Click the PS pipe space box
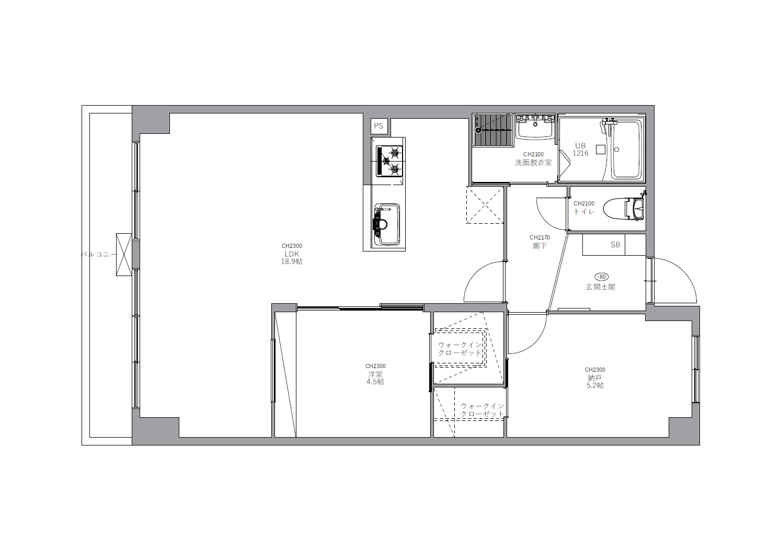click(x=379, y=126)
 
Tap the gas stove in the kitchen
click(x=389, y=161)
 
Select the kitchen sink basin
click(x=387, y=225)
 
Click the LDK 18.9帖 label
click(x=292, y=257)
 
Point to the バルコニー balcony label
click(x=99, y=254)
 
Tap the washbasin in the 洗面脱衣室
click(x=534, y=128)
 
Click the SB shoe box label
click(x=615, y=245)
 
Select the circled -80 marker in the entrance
click(x=602, y=277)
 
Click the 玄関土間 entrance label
click(x=600, y=287)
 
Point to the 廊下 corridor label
click(x=540, y=246)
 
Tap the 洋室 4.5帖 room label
click(x=375, y=378)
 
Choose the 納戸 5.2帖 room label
click(x=595, y=382)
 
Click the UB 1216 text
click(x=580, y=150)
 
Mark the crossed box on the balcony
click(x=124, y=255)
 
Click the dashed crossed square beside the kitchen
click(x=485, y=205)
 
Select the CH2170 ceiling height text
click(x=540, y=237)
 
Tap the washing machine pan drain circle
click(x=478, y=130)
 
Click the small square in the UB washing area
click(x=600, y=150)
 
